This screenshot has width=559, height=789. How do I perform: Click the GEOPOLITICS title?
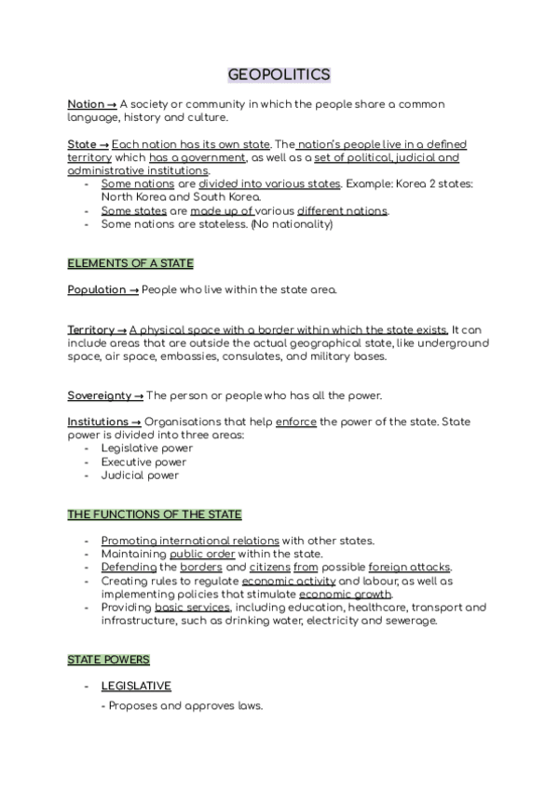[x=279, y=74]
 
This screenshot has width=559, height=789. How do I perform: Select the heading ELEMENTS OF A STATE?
[x=130, y=263]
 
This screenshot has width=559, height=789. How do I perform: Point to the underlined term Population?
[x=97, y=289]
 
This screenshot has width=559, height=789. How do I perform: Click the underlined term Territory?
[x=91, y=330]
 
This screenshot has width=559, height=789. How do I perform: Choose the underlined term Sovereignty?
[x=99, y=395]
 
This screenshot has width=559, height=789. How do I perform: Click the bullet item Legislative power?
[x=146, y=448]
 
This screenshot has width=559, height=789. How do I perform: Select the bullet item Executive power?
[x=143, y=461]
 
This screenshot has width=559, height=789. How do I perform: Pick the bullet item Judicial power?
[x=140, y=475]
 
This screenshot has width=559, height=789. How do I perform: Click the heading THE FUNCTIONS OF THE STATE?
[x=155, y=515]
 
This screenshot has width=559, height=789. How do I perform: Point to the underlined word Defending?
[x=129, y=568]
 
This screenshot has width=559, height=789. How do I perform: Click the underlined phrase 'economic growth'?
[x=346, y=594]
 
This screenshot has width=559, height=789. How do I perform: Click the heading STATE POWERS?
[x=109, y=660]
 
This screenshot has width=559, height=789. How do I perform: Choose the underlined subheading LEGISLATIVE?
[x=136, y=686]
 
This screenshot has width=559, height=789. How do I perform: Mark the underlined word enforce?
[x=296, y=421]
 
